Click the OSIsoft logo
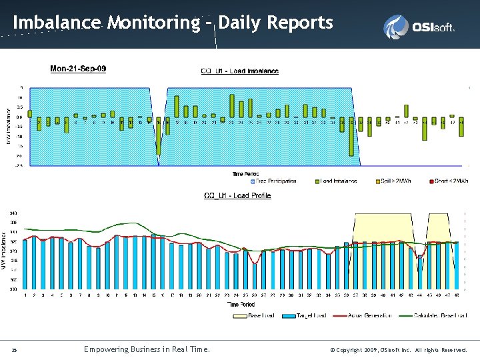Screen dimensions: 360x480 (x=419, y=27)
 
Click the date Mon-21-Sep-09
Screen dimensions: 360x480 (x=78, y=69)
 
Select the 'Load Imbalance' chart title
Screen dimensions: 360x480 (x=240, y=71)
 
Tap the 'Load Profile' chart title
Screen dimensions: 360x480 (x=237, y=196)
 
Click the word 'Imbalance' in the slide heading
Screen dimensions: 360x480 (x=57, y=23)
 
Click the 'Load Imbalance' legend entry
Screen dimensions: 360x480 (x=338, y=181)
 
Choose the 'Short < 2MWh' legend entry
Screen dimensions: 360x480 (x=446, y=181)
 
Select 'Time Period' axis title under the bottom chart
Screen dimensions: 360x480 (x=241, y=304)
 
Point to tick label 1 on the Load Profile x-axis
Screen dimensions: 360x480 (x=25, y=295)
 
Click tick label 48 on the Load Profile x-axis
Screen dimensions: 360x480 (x=457, y=295)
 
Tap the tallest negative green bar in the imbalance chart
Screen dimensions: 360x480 (x=351, y=136)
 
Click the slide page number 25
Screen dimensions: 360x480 (x=15, y=349)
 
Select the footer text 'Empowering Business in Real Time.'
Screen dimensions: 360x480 (x=147, y=349)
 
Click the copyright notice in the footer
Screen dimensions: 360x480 (x=399, y=349)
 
